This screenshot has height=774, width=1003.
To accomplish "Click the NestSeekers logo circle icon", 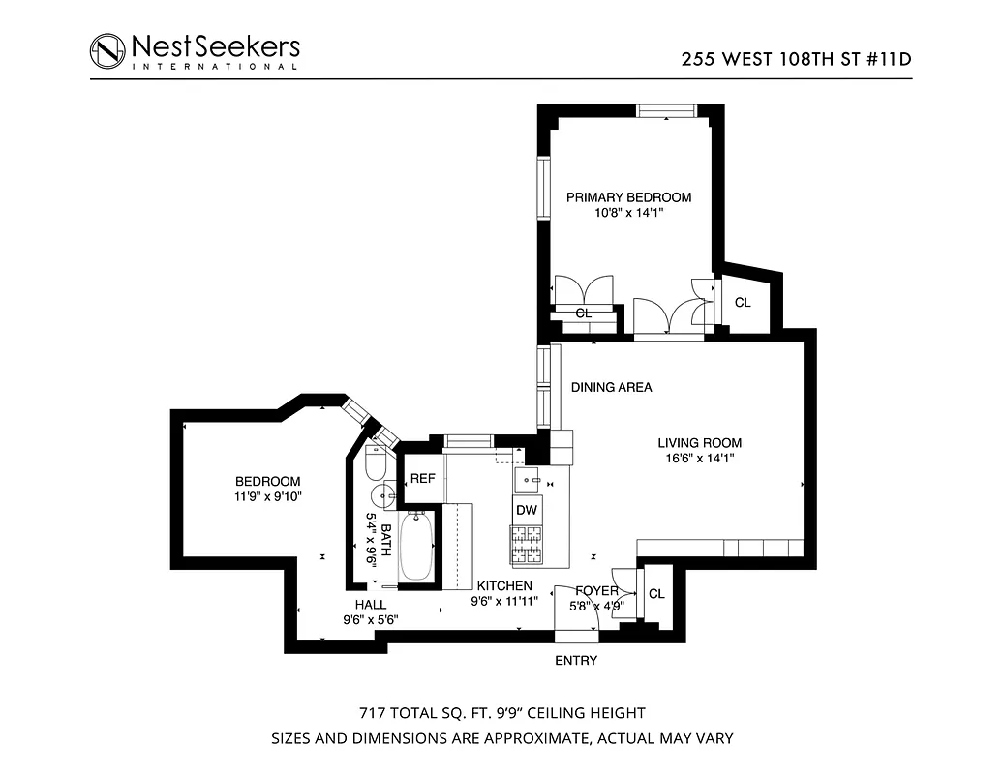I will coord(107,50).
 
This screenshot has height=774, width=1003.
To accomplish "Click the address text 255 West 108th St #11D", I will coord(797,57).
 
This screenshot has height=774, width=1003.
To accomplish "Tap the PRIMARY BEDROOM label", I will coord(628,197).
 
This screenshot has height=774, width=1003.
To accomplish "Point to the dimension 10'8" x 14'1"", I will coord(628,215).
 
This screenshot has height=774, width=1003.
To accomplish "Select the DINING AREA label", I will coord(611,387).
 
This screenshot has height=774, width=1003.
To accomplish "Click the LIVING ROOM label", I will coord(699,443).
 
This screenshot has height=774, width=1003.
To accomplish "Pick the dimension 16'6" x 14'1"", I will coord(699,460).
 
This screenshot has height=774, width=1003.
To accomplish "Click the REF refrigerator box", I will coord(422,478).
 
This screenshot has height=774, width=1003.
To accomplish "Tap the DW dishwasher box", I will coord(526,510).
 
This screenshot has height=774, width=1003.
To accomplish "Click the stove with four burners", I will coord(527,545).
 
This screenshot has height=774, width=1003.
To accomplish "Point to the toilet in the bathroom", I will coord(377,466).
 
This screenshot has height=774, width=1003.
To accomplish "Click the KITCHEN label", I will coord(503,585).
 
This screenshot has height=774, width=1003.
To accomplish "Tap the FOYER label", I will coord(597,590).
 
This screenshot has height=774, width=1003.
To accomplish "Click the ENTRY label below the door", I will coord(575,661).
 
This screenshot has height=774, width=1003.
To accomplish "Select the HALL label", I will coord(370,604).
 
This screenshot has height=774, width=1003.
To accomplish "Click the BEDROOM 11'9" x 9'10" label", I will coord(268,490).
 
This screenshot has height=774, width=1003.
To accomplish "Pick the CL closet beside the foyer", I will coord(655,594).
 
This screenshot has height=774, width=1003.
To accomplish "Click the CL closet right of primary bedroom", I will coord(743,303).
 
